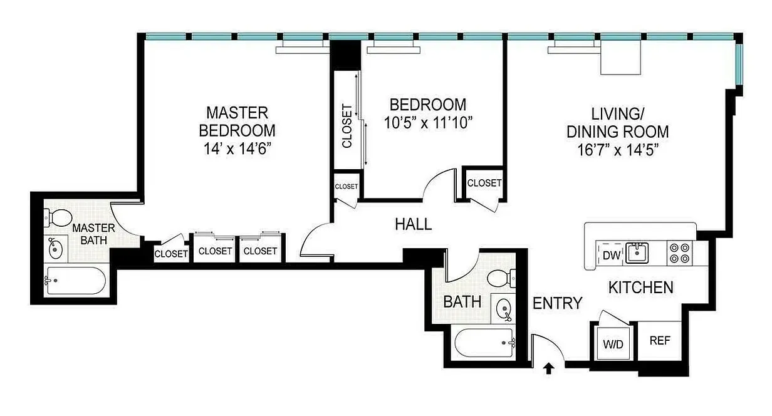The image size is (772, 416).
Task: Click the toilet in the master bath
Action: point(58,219)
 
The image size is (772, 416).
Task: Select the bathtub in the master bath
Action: point(75,281)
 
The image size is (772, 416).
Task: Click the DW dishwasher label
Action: point(611,255)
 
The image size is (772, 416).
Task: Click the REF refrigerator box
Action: point(660,341)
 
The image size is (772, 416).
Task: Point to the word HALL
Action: point(413,224)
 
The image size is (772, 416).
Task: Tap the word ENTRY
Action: point(557,303)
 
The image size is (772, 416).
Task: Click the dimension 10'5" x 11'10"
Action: point(427,122)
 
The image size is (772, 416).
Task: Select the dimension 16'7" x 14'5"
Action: point(617,150)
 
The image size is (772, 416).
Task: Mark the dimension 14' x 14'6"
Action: point(237,149)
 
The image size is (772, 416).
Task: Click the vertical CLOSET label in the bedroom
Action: point(347,126)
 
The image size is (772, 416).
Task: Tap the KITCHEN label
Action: point(641,288)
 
